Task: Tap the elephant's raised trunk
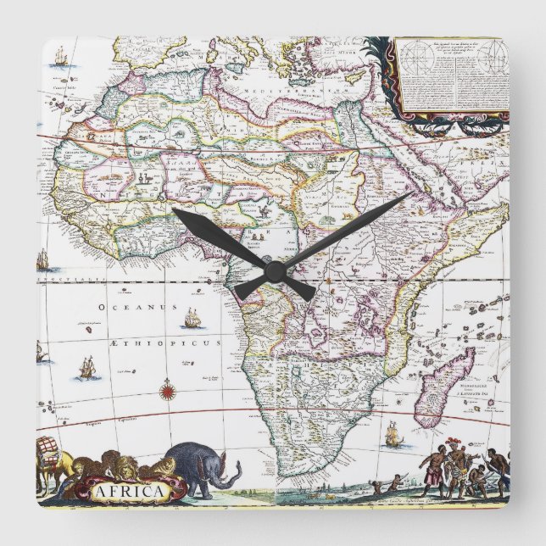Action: tap(231, 482)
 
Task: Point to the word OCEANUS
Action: tap(125, 307)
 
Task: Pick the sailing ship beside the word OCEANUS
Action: tap(192, 320)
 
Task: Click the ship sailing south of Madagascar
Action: tap(392, 437)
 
